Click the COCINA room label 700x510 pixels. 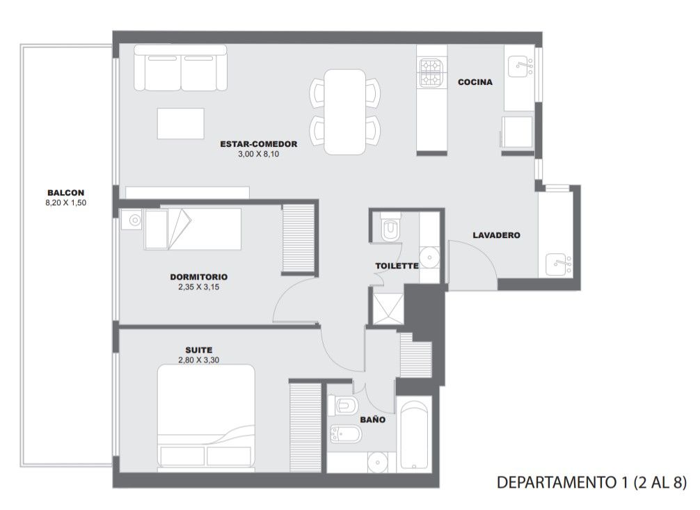tap(475, 82)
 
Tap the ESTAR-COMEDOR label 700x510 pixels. tap(258, 144)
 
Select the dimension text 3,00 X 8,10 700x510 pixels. tap(258, 154)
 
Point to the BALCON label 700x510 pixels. tap(65, 193)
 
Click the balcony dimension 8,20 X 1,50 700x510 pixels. tap(65, 202)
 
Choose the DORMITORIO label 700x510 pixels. tap(199, 277)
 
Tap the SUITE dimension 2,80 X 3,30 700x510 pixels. tap(199, 360)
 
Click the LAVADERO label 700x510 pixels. tap(496, 235)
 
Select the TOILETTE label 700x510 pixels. tap(397, 266)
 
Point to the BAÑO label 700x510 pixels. tap(373, 420)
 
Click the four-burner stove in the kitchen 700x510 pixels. tap(431, 73)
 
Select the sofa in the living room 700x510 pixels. tap(180, 68)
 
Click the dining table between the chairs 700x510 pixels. tap(345, 111)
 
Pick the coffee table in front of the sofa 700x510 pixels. tap(181, 123)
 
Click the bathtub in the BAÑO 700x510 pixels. tap(414, 435)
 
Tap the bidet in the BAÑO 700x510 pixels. tap(345, 434)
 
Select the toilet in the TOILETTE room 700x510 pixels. tap(390, 228)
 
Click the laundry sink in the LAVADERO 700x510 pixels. tap(559, 264)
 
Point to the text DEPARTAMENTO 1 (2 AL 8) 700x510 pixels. tap(591, 483)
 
